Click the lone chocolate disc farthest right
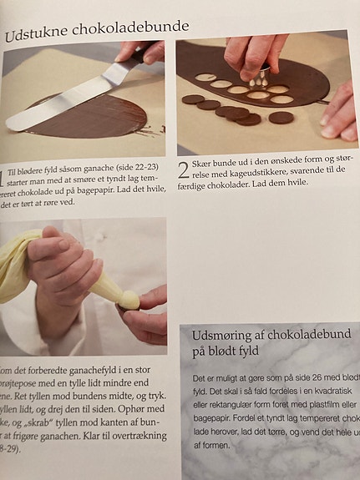pos(281,117)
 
